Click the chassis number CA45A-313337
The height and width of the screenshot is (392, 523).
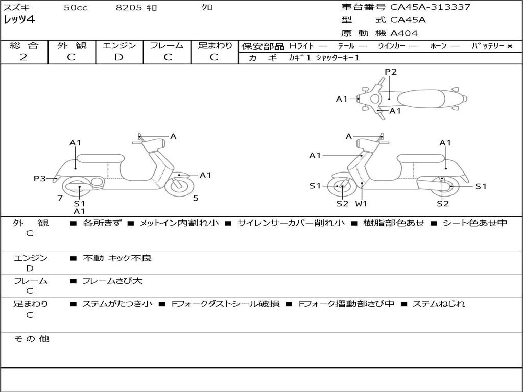click(x=430, y=7)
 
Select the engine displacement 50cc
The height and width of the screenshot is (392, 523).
click(x=76, y=8)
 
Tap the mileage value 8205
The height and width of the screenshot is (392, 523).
click(x=129, y=8)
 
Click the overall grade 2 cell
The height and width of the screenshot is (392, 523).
click(x=23, y=57)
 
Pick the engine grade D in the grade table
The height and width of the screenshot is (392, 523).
click(x=119, y=57)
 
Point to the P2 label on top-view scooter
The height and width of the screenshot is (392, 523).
click(x=391, y=72)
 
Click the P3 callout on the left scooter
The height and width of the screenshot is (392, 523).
click(x=39, y=178)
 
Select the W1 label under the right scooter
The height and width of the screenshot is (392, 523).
click(x=361, y=204)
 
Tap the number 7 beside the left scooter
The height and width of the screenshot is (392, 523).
click(x=60, y=198)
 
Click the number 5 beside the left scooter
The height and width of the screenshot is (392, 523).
click(x=196, y=198)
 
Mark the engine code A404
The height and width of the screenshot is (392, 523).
click(x=404, y=33)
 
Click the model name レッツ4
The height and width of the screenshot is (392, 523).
click(x=19, y=20)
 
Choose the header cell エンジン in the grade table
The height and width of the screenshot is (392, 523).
click(x=119, y=46)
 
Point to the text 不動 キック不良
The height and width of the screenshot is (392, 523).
click(x=117, y=258)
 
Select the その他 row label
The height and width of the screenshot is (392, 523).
click(x=31, y=339)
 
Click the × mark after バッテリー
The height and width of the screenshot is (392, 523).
click(x=509, y=46)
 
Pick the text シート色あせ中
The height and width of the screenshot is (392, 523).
click(x=474, y=223)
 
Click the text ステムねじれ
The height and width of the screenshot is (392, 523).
click(x=439, y=304)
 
